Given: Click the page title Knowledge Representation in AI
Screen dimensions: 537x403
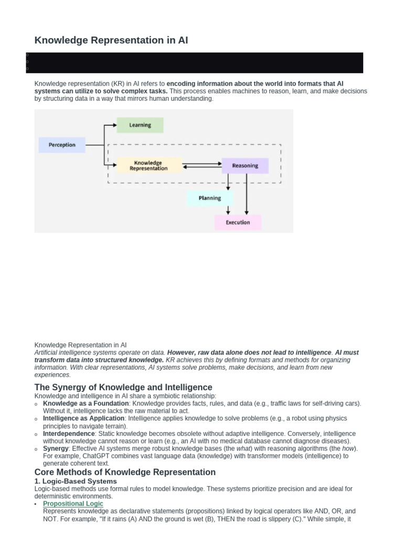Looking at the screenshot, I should point(111,40).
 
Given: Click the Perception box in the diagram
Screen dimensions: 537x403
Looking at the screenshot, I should point(62,145).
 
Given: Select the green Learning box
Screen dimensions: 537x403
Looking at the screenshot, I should point(140,125).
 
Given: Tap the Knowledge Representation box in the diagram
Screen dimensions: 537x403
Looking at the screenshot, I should point(149,166).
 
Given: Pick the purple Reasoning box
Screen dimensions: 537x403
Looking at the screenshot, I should point(245,166).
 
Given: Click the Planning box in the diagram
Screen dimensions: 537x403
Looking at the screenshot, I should point(209,198).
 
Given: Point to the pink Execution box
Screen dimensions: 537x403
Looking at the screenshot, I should point(238,222).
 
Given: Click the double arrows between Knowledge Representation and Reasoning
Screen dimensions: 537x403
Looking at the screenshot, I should point(202,166).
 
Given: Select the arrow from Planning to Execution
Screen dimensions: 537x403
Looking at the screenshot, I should point(228,210).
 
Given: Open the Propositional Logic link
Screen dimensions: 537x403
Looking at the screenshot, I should point(73,503).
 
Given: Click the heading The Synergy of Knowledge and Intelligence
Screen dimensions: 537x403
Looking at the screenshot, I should point(123,388).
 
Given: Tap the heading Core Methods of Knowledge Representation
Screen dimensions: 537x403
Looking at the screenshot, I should point(125,472).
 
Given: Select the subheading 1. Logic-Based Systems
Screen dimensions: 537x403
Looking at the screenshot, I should point(76,481).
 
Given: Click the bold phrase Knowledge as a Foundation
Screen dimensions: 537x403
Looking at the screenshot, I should point(86,403).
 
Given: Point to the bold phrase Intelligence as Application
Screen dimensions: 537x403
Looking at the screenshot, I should point(83,418).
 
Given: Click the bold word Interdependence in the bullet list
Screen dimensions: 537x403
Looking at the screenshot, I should point(68,434).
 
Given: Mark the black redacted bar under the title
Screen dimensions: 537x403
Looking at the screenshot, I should point(195,62).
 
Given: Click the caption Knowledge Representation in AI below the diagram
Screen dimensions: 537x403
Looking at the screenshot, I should point(80,345).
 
